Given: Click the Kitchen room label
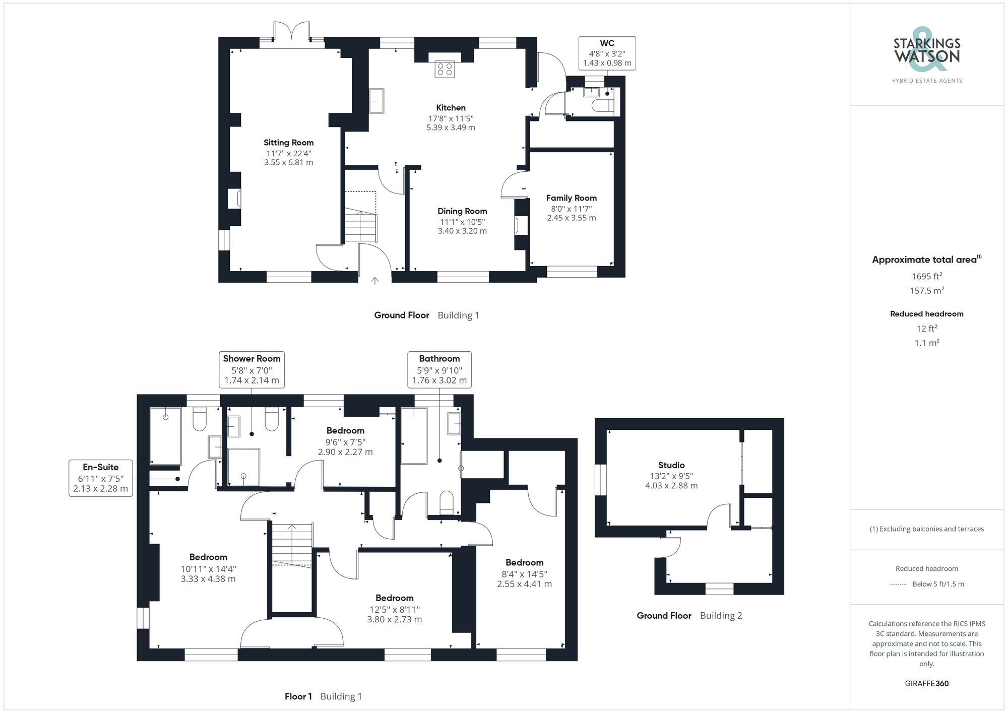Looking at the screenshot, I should [x=451, y=108].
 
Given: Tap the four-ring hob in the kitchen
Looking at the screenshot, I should [x=445, y=69].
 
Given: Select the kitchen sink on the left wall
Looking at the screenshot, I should [x=376, y=101].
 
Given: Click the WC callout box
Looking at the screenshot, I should [x=607, y=53].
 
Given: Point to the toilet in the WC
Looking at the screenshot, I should [x=603, y=106].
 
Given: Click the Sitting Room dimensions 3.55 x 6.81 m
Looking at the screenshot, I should [x=288, y=162].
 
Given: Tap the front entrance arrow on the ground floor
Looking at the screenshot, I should [x=374, y=281].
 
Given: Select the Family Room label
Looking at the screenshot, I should [x=571, y=198].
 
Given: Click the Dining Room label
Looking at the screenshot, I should [x=462, y=211].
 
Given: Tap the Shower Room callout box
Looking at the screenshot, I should [x=251, y=369].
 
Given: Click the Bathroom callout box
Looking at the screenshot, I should [x=439, y=369].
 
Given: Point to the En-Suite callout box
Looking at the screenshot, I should [x=100, y=478].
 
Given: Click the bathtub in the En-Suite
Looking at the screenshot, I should [x=165, y=436].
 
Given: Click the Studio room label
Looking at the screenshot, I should [x=671, y=465].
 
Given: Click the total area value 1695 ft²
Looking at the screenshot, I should [x=926, y=276].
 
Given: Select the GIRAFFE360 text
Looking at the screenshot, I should [x=926, y=683].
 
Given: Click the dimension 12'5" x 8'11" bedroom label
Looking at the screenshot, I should [x=394, y=609].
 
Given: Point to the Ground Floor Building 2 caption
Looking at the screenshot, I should [x=689, y=615].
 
